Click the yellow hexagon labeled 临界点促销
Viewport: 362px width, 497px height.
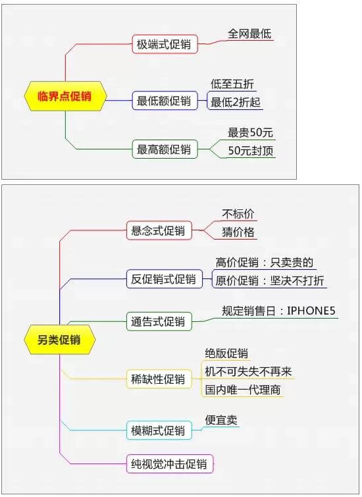pyautogui.click(x=65, y=96)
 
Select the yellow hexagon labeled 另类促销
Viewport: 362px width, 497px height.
pyautogui.click(x=60, y=340)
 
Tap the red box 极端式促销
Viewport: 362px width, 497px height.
pyautogui.click(x=165, y=44)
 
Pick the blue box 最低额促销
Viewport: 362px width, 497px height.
pyautogui.click(x=165, y=101)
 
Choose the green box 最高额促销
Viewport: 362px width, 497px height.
pyautogui.click(x=165, y=149)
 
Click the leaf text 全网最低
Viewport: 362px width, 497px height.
pyautogui.click(x=249, y=34)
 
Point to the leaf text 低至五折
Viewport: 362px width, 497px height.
pyautogui.click(x=232, y=84)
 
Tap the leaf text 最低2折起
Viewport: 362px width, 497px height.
pyautogui.click(x=235, y=102)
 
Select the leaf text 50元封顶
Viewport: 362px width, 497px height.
pyautogui.click(x=251, y=151)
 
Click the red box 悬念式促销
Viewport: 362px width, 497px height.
pyautogui.click(x=159, y=230)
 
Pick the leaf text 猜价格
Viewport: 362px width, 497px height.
pyautogui.click(x=238, y=232)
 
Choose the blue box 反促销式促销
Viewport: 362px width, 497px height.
pyautogui.click(x=164, y=279)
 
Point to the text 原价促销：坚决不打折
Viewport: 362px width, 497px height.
pyautogui.click(x=270, y=280)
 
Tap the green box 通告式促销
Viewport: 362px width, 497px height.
pyautogui.click(x=159, y=321)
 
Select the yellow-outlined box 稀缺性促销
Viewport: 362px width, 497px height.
pyautogui.click(x=159, y=379)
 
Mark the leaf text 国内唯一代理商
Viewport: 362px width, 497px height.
pyautogui.click(x=242, y=390)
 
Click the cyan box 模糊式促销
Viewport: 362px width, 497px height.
pyautogui.click(x=159, y=431)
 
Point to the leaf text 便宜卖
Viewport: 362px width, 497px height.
pyautogui.click(x=221, y=420)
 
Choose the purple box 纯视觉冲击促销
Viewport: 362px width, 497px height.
pyautogui.click(x=170, y=464)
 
